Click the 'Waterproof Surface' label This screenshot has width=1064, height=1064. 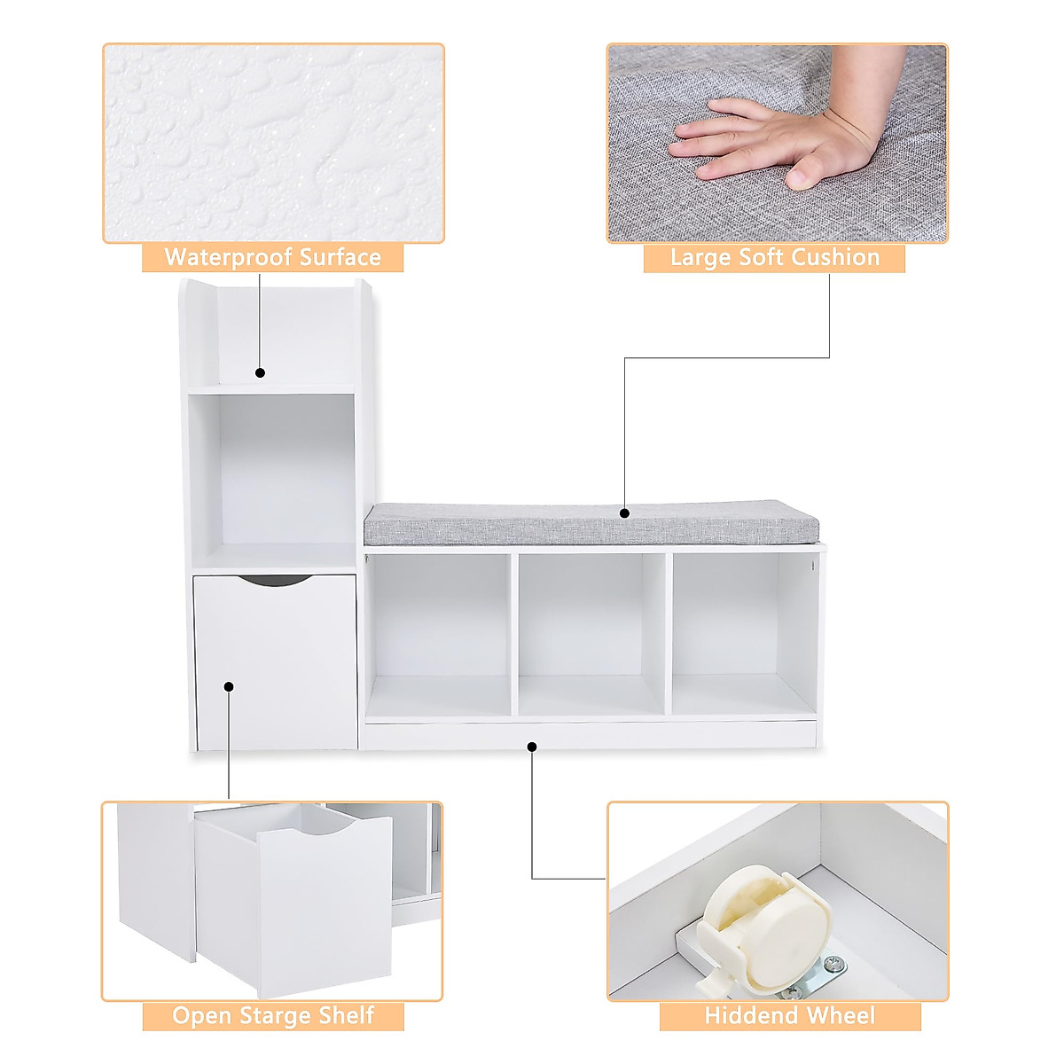(x=272, y=258)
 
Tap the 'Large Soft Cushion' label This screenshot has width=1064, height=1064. (x=774, y=258)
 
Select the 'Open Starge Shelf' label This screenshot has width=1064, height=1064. (x=273, y=1016)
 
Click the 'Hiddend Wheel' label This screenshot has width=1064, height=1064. (x=789, y=1016)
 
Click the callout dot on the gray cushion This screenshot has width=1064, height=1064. (x=624, y=513)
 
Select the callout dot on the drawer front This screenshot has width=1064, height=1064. (x=229, y=686)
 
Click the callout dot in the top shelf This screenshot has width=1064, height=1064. (x=261, y=373)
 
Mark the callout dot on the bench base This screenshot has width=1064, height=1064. (x=532, y=747)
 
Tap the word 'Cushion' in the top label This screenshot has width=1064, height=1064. (x=834, y=258)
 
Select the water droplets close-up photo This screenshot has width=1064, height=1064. (x=273, y=143)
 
